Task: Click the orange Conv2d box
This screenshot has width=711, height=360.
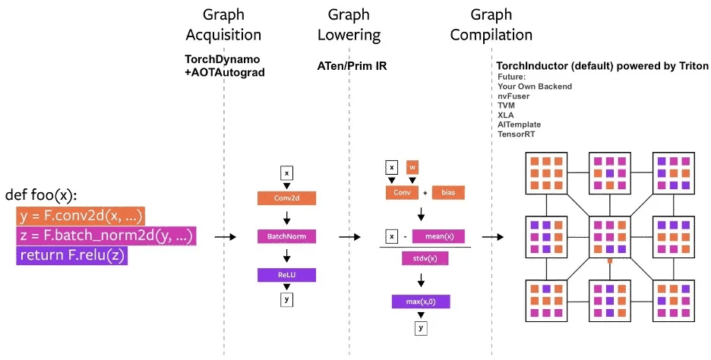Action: (286, 198)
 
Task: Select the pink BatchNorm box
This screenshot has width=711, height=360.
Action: (286, 237)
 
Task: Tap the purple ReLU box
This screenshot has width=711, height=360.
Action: (286, 275)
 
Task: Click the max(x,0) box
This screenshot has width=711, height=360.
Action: (421, 302)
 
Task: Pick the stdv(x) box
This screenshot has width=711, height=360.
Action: (425, 258)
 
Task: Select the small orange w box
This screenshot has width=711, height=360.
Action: (412, 166)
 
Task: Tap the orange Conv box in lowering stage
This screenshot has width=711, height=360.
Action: (401, 193)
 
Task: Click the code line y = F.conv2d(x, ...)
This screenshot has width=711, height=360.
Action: (80, 216)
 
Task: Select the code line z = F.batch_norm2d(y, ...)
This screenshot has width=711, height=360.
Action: (106, 236)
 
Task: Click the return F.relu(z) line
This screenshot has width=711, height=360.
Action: (71, 256)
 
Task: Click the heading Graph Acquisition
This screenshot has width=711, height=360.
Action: (223, 24)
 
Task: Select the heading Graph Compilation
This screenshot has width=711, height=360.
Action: (491, 24)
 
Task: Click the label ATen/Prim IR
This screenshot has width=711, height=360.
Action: (352, 66)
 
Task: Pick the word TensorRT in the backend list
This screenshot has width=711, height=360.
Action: (520, 133)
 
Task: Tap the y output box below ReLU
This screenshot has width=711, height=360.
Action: (286, 299)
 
